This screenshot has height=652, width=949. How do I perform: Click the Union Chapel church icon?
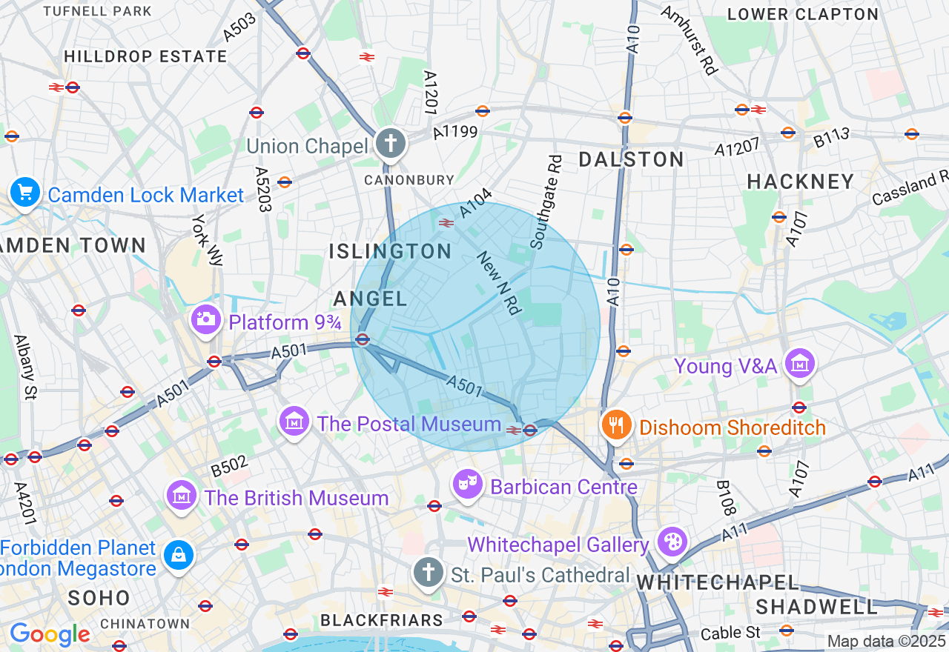click(390, 142)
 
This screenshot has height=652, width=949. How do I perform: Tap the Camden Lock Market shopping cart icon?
click(25, 192)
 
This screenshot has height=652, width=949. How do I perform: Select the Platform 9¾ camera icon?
click(205, 319)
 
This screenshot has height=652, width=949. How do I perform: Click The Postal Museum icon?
click(294, 422)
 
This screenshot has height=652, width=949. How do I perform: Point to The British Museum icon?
click(182, 494)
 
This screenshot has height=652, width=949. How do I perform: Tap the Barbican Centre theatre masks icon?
click(467, 484)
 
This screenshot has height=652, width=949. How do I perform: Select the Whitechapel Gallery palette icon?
click(672, 542)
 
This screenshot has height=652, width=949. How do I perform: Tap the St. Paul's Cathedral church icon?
click(428, 572)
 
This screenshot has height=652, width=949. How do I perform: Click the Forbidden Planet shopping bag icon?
click(178, 554)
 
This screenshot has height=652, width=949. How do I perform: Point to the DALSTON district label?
click(631, 159)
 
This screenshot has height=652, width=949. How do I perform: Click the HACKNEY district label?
click(801, 182)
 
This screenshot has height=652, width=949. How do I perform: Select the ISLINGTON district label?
click(390, 251)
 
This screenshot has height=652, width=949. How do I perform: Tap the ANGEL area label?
click(370, 299)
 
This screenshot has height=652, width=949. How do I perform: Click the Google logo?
click(50, 634)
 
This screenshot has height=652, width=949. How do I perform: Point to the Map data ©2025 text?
click(886, 640)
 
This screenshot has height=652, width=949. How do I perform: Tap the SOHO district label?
click(99, 598)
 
